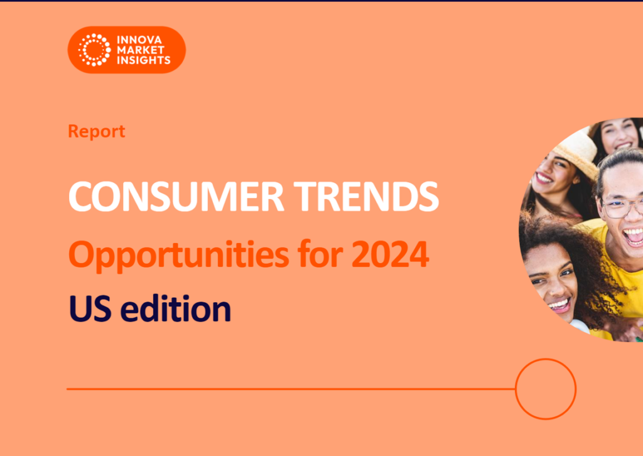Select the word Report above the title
[96, 132]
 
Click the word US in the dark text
[89, 309]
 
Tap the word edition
[175, 309]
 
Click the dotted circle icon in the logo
[94, 50]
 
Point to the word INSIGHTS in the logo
[143, 60]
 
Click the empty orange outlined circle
[545, 389]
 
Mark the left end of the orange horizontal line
[68, 389]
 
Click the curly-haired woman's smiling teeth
[558, 305]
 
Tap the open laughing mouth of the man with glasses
[633, 236]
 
